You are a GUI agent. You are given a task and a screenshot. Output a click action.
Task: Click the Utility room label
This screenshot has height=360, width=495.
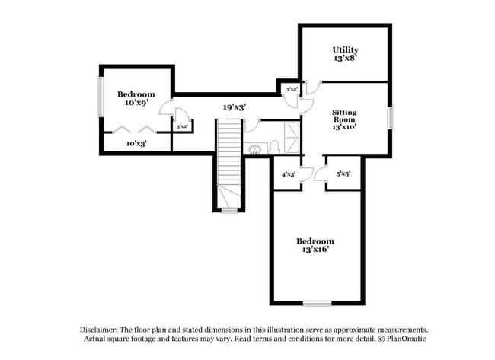point(345,50)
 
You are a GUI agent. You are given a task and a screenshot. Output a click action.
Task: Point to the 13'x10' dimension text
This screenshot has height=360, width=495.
point(344,127)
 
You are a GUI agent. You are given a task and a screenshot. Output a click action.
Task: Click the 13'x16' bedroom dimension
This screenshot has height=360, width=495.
point(315,249)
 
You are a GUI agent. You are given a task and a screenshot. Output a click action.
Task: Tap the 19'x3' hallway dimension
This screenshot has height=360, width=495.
point(234,107)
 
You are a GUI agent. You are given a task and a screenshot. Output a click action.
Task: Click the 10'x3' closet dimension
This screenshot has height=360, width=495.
point(136,142)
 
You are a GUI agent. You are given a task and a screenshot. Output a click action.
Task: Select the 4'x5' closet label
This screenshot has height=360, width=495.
point(288,174)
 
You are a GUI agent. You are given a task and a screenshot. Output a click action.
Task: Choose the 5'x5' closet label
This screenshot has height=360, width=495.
point(343,174)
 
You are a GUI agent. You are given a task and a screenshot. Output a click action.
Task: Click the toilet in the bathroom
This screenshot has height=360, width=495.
point(254,148)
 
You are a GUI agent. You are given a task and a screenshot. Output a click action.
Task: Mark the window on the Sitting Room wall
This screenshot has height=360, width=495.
point(391,118)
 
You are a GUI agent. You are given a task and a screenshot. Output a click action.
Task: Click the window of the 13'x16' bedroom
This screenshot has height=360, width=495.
point(317,304)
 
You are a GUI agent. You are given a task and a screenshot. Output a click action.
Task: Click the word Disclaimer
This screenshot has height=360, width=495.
point(97,329)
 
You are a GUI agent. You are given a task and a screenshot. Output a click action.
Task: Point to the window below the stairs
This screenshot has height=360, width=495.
point(229,211)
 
